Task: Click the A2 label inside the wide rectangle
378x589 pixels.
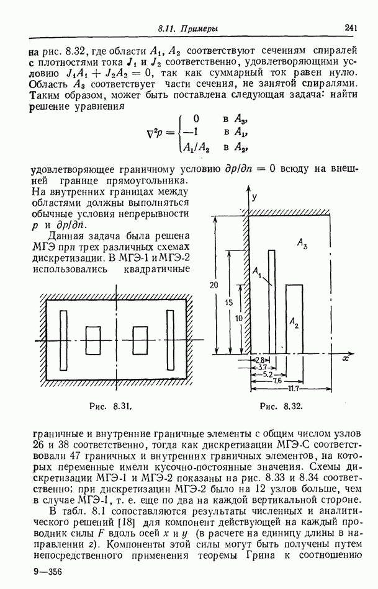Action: pos(294,322)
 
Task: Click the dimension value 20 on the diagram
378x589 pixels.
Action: pos(213,286)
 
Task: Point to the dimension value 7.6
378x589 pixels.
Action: pos(277,381)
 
